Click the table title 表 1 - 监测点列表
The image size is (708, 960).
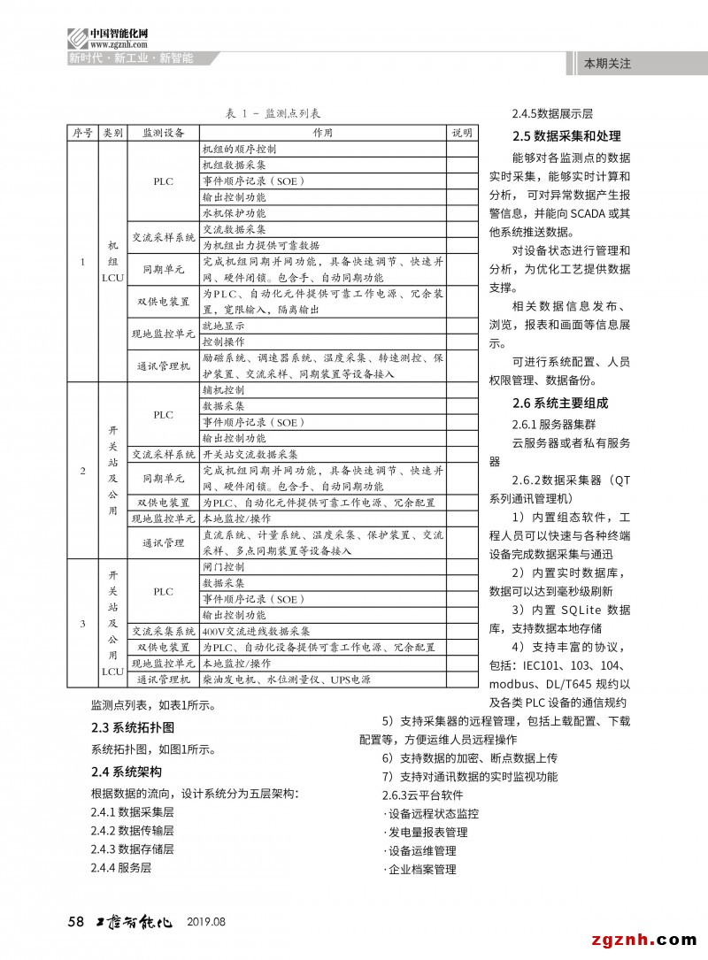click(x=273, y=114)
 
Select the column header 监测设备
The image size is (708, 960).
click(x=164, y=133)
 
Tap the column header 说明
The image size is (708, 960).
click(x=462, y=133)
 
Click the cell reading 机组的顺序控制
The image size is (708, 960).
click(x=240, y=150)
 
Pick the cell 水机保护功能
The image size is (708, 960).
click(x=234, y=213)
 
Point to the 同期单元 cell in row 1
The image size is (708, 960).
click(x=164, y=269)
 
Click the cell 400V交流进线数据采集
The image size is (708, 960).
click(x=257, y=632)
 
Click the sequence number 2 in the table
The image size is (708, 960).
click(x=83, y=470)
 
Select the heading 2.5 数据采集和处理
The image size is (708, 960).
click(x=566, y=136)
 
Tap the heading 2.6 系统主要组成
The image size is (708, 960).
click(x=560, y=403)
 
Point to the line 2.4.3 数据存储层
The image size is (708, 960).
click(x=132, y=849)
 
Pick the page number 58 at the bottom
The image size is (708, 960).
click(x=76, y=921)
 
